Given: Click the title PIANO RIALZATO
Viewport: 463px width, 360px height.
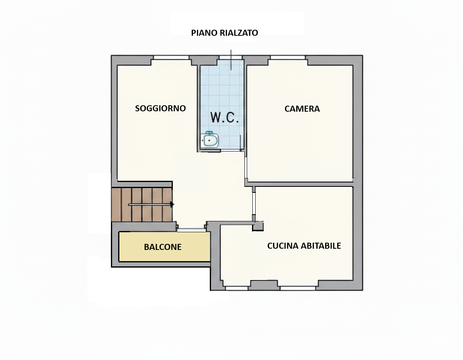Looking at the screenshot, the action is (224, 33).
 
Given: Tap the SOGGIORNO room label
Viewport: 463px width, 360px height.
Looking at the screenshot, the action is (160, 108).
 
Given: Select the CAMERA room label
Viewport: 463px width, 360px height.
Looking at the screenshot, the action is (302, 109).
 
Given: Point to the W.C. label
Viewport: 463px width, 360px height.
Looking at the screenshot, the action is (224, 117).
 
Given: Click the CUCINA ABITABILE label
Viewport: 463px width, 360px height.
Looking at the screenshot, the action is (304, 246).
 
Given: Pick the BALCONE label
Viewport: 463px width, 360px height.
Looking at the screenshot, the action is (163, 247).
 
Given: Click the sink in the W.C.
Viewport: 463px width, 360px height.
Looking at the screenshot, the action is (209, 140).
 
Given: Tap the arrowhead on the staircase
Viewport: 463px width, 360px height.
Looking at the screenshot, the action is (172, 205).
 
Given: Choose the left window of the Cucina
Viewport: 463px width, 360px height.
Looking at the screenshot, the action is (236, 288).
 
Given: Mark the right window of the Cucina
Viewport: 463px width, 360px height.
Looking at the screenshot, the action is (298, 288).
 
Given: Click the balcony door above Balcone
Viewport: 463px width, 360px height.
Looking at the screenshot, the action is (191, 229).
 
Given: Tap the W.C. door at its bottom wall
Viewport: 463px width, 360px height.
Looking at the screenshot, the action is (231, 150).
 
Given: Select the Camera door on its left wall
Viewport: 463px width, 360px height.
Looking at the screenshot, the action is (246, 167).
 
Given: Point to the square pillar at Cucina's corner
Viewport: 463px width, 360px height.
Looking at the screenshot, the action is (258, 226).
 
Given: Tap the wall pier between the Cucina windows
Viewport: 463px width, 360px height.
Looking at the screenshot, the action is (264, 285).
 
